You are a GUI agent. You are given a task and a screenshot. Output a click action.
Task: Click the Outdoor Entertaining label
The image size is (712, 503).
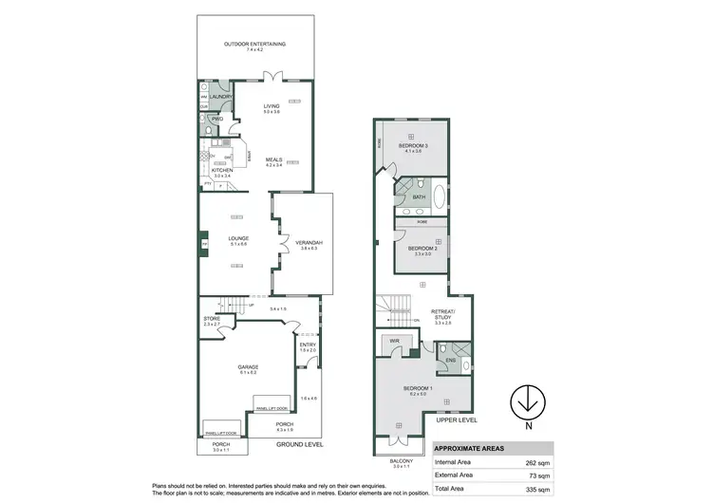coord(254,45)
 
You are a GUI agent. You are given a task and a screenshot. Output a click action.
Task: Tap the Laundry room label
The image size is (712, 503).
coord(221,97)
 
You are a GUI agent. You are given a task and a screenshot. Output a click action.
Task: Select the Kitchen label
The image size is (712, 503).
coord(222,170)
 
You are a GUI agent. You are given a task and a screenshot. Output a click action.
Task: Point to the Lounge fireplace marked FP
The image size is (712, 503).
coord(203,243)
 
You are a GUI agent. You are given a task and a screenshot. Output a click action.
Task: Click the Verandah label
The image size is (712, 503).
coord(310,243)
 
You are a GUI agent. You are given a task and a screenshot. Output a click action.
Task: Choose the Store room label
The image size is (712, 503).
coord(211,319)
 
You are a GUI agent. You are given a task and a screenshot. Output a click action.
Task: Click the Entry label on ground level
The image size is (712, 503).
coord(308,345)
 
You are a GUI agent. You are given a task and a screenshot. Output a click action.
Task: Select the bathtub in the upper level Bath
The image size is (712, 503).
coord(439,196)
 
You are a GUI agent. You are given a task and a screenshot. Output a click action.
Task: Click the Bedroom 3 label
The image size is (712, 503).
coord(413,146)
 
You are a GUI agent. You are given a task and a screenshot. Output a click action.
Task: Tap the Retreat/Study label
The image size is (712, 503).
coord(443,312)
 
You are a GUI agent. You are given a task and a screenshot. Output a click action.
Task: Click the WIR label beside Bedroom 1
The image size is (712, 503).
coord(392,340)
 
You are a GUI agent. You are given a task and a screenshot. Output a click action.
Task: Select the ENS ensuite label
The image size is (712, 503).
coord(453,361)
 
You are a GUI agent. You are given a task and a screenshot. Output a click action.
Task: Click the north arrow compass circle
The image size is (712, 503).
coord(523,401)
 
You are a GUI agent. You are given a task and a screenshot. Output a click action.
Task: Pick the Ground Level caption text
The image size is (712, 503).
coord(300,444)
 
